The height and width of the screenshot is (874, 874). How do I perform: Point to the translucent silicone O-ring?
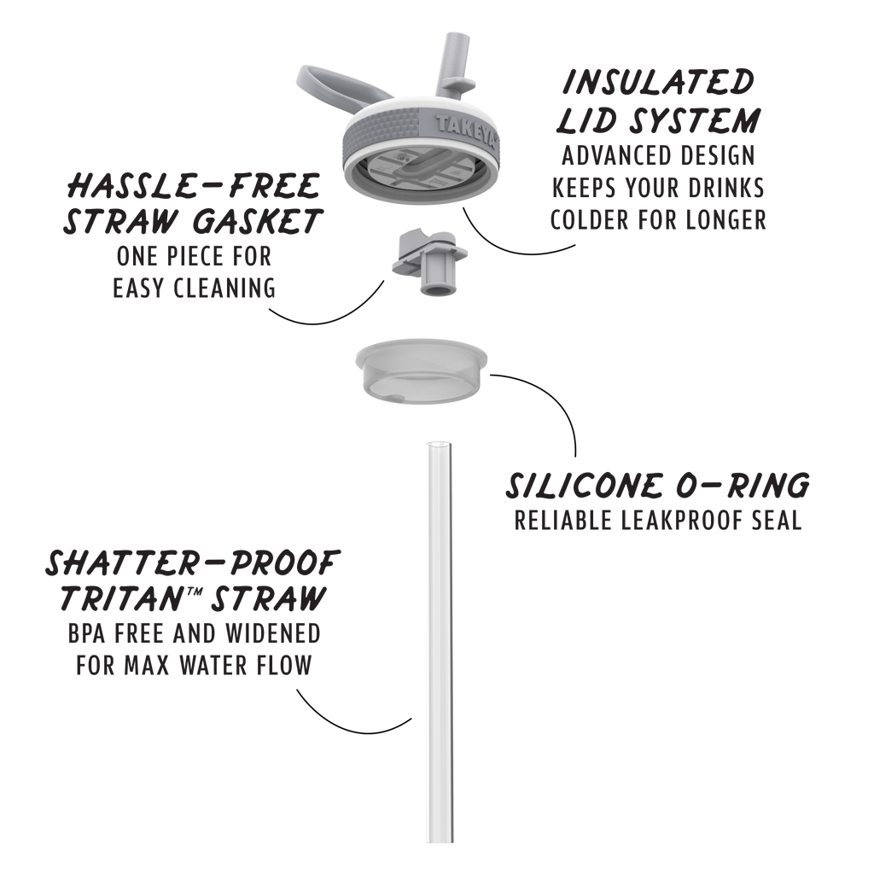tap(422, 370)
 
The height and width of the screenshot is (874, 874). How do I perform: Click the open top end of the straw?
tap(440, 446)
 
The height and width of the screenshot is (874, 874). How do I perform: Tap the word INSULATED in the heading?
tap(658, 82)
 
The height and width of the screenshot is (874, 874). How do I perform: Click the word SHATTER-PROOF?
tap(192, 563)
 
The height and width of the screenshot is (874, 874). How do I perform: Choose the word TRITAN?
tap(120, 599)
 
